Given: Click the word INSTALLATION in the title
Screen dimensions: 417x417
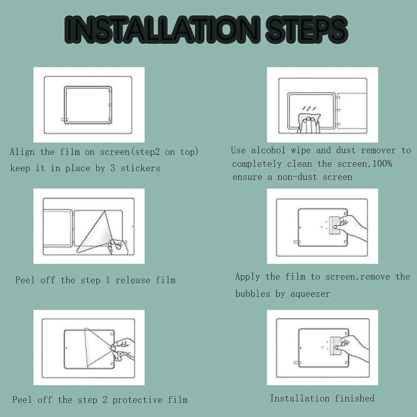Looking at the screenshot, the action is tap(162, 30).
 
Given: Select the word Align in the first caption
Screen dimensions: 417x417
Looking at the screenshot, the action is tap(23, 152).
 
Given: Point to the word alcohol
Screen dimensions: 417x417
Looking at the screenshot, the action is tap(268, 150).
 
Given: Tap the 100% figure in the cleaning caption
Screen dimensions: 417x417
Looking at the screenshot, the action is tap(382, 163).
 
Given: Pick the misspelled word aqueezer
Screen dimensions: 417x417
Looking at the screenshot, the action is tap(310, 294).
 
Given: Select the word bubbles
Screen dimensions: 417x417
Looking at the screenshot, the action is tap(253, 294).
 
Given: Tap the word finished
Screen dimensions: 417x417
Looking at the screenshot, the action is tap(354, 398).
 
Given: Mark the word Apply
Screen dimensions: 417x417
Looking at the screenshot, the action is tap(248, 277).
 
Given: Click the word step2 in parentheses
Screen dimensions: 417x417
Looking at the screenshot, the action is tap(147, 152).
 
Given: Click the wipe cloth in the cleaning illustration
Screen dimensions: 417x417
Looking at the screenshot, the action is tap(309, 122).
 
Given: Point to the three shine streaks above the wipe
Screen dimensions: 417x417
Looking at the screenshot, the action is tap(309, 108).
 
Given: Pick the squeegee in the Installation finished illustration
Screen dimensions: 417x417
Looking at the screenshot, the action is tap(336, 346).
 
